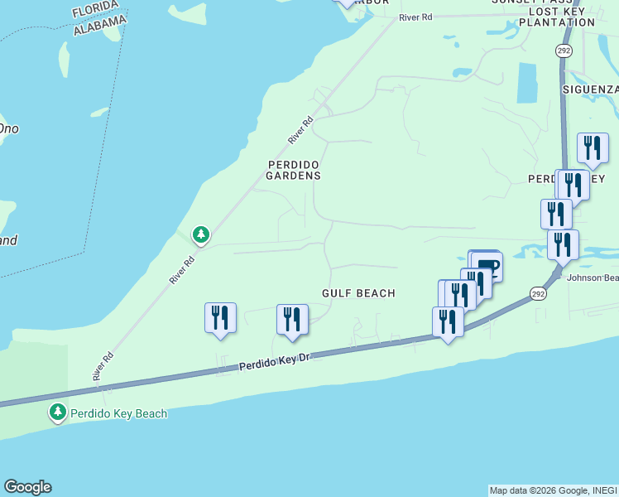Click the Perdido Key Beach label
[118, 413]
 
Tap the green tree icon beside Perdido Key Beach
[57, 412]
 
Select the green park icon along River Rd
[200, 236]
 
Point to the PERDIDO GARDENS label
[294, 170]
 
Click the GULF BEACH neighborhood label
[358, 293]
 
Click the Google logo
[27, 487]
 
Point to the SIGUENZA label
[590, 89]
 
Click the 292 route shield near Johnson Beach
[539, 294]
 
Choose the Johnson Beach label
[593, 277]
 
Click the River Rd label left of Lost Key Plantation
[415, 17]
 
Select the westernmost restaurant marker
[220, 317]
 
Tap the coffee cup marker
[487, 264]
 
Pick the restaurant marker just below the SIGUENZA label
[593, 148]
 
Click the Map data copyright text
[553, 490]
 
